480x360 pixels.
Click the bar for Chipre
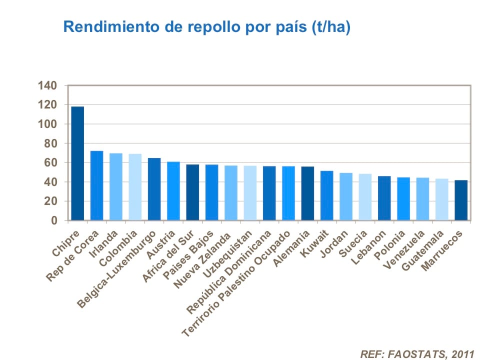[77, 163]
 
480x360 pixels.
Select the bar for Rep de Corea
[96, 185]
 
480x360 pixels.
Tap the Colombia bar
[135, 187]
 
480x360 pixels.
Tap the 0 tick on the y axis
[54, 220]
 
